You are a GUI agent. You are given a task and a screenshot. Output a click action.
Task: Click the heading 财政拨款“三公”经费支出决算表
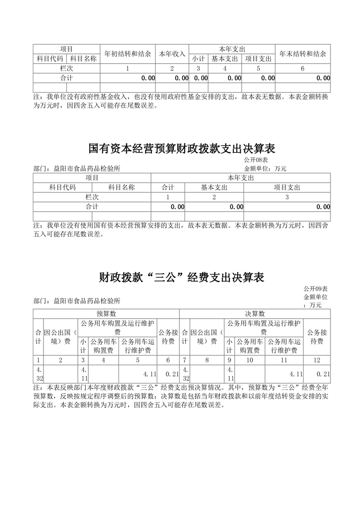181,278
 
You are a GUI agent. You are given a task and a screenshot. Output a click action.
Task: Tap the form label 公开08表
256,160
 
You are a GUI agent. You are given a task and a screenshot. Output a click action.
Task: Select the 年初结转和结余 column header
128,54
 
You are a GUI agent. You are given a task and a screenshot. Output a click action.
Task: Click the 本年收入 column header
172,54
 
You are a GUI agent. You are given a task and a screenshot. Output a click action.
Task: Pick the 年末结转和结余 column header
303,54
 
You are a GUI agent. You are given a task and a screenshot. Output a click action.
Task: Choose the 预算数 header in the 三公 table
106,313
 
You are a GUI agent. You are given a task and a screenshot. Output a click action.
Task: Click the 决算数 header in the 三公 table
255,313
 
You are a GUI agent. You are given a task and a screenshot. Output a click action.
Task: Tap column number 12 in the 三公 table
317,360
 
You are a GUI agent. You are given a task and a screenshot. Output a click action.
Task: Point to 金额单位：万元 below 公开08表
265,169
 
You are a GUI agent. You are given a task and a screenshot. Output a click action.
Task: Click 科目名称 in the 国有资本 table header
121,187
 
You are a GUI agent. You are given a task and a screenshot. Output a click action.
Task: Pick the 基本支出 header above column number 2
214,187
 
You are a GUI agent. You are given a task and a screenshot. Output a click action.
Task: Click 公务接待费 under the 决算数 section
317,337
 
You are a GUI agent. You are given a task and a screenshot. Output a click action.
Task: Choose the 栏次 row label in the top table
67,68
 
